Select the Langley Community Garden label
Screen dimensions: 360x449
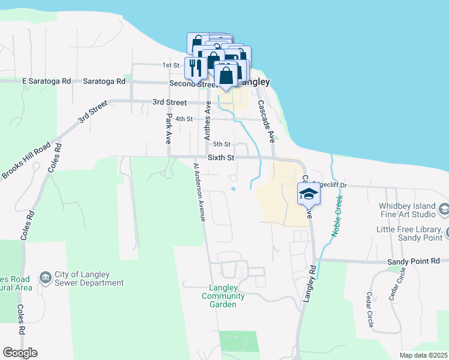223,296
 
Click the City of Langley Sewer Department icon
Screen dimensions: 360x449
46,277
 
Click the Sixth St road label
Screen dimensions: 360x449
220,157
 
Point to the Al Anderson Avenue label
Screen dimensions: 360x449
199,192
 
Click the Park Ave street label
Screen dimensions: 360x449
169,128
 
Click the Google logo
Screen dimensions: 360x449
20,353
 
